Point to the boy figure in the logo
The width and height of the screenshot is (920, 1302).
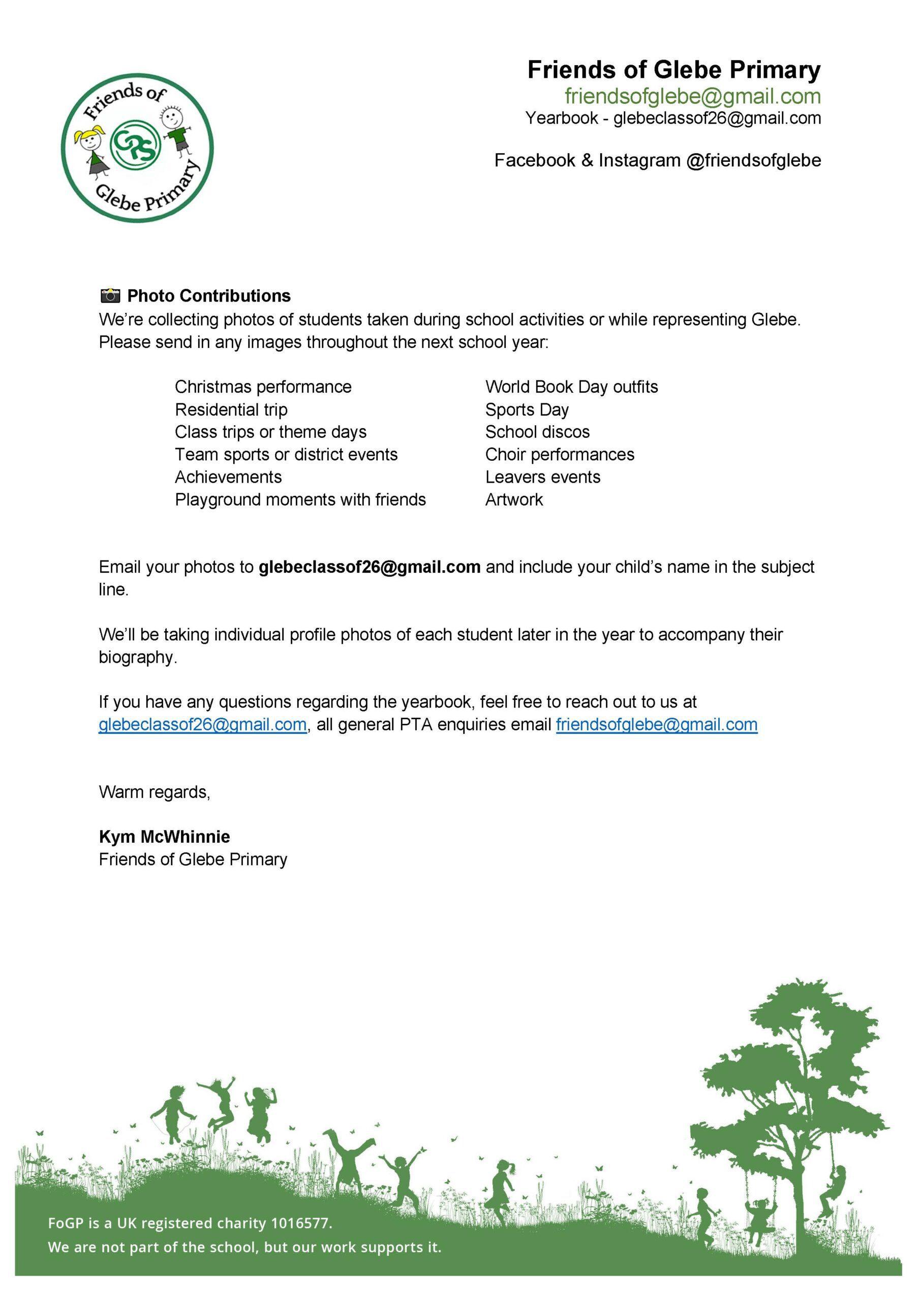point(176,129)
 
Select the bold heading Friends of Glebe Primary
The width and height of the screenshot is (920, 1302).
point(673,70)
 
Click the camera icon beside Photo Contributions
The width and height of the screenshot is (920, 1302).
point(110,295)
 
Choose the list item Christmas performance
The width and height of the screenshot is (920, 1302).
point(263,387)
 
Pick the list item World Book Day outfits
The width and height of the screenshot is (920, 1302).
point(571,387)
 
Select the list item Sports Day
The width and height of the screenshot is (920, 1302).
point(527,409)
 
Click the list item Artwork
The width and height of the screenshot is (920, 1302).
point(513,499)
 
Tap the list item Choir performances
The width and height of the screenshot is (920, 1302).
point(560,454)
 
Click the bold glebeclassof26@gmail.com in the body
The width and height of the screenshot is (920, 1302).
point(370,567)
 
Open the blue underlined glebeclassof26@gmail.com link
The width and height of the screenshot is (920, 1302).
point(202,725)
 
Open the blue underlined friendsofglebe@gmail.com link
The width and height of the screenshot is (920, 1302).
point(656,725)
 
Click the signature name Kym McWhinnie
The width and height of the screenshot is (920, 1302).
point(164,837)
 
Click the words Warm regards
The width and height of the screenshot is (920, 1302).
point(154,792)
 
